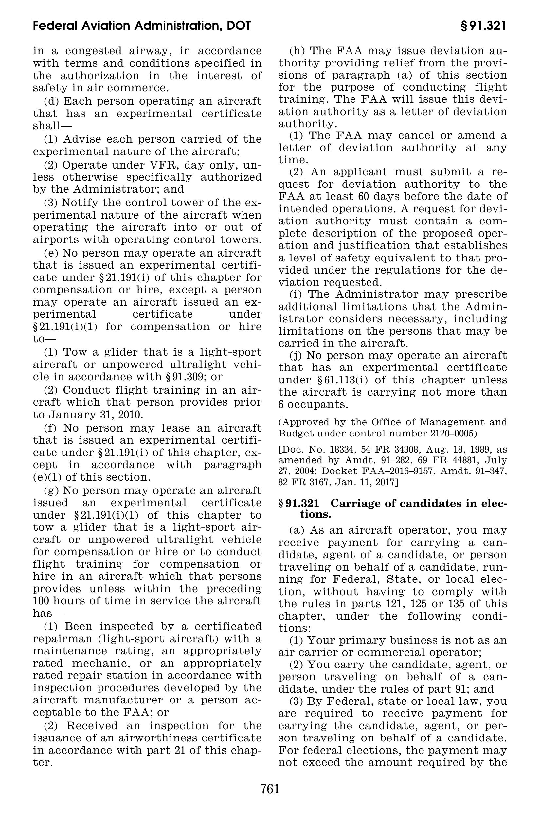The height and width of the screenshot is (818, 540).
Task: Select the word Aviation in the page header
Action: [104, 26]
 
